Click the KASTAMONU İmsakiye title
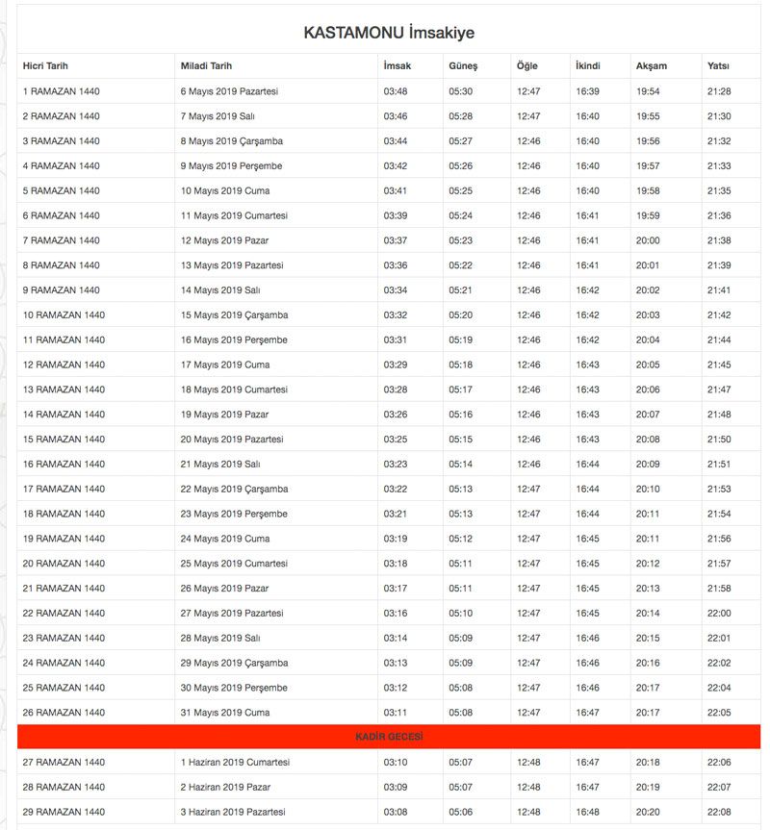pyautogui.click(x=389, y=33)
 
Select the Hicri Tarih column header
pyautogui.click(x=45, y=66)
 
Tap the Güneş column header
pyautogui.click(x=463, y=66)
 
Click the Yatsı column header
pyautogui.click(x=718, y=66)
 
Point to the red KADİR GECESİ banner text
pyautogui.click(x=389, y=737)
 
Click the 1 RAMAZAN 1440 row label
pyautogui.click(x=62, y=91)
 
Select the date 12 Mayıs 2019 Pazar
pyautogui.click(x=224, y=240)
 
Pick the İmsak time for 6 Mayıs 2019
pyautogui.click(x=396, y=91)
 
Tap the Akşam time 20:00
pyautogui.click(x=648, y=240)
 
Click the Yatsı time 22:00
pyautogui.click(x=719, y=614)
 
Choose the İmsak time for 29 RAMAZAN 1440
pyautogui.click(x=396, y=812)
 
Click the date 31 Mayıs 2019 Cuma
pyautogui.click(x=225, y=713)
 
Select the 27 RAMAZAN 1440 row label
pyautogui.click(x=64, y=763)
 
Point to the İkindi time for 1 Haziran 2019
pyautogui.click(x=588, y=763)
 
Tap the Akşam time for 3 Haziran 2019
pyautogui.click(x=648, y=812)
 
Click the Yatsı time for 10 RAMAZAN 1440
pyautogui.click(x=719, y=315)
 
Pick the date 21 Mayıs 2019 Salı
pyautogui.click(x=222, y=465)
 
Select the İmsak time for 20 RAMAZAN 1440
pyautogui.click(x=396, y=564)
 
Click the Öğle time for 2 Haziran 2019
pyautogui.click(x=528, y=788)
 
